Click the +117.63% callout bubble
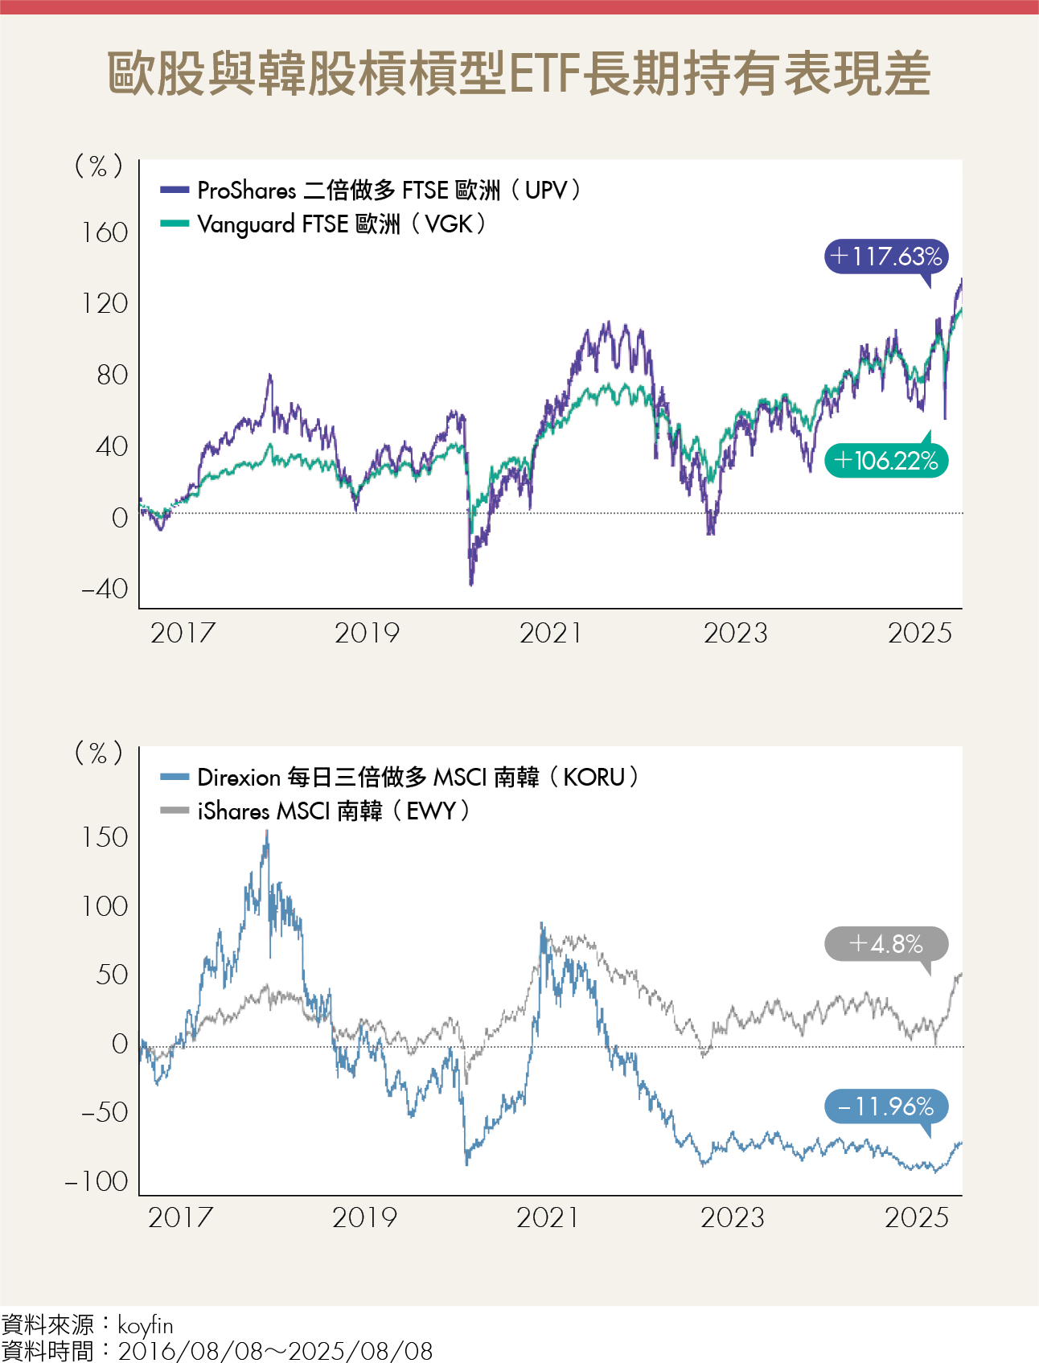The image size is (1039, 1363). click(x=886, y=257)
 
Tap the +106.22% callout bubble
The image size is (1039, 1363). click(x=886, y=461)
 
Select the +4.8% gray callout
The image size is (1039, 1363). click(x=886, y=943)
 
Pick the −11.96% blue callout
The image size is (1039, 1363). click(x=886, y=1106)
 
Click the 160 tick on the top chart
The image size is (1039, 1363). click(x=105, y=233)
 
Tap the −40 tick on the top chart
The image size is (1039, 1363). click(x=105, y=589)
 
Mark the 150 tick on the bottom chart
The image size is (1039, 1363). click(x=105, y=837)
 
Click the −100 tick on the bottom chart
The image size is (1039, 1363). click(x=97, y=1181)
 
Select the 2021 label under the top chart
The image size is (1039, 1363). click(x=551, y=634)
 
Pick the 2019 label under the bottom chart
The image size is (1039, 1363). click(x=364, y=1217)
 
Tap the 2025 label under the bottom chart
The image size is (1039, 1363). click(x=917, y=1217)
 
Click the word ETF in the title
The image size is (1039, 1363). click(x=544, y=74)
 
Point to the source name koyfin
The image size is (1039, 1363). click(x=146, y=1325)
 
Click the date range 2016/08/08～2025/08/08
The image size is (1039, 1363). click(x=275, y=1351)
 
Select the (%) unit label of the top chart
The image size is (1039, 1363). click(x=98, y=166)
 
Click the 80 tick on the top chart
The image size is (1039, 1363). click(x=112, y=375)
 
